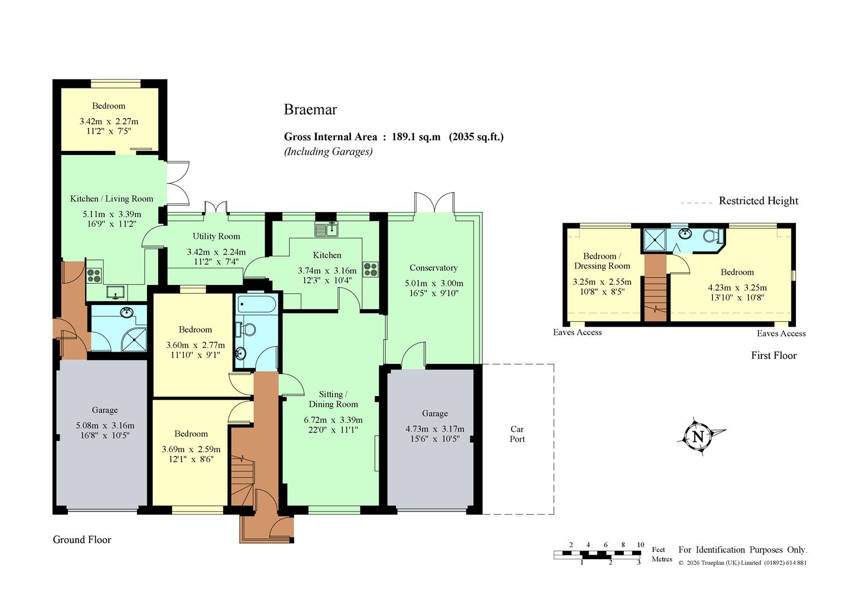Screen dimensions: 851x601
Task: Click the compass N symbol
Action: point(698,437)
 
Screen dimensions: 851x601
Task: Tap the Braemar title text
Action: point(310,109)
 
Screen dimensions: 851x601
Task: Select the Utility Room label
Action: point(216,236)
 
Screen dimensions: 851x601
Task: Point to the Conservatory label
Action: point(433,268)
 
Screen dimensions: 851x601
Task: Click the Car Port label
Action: point(517,434)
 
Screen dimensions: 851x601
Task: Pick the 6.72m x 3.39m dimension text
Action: point(333,420)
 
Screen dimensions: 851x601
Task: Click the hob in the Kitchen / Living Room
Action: point(94,275)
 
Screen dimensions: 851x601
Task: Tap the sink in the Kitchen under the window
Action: point(326,229)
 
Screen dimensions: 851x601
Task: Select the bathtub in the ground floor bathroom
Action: point(256,304)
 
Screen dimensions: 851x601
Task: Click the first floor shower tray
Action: point(655,240)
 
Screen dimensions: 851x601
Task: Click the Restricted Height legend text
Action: point(759,200)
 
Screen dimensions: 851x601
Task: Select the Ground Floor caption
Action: point(82,539)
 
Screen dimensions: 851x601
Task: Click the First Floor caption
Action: point(774,356)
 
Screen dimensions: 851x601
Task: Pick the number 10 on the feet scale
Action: point(640,545)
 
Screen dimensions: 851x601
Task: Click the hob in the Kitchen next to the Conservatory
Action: point(370,269)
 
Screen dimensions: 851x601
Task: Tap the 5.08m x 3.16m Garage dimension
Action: point(105,426)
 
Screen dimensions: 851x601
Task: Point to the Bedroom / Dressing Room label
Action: point(602,261)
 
